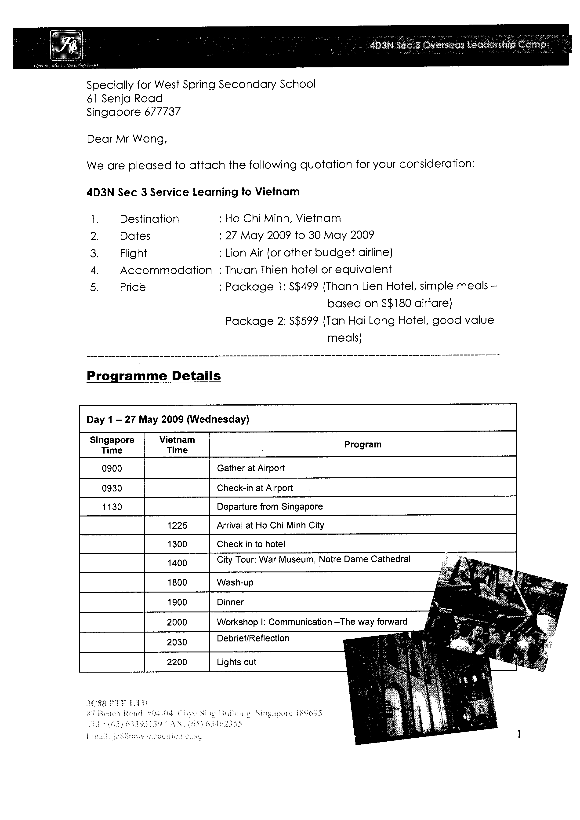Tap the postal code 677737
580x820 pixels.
(x=163, y=112)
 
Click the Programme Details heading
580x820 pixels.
(x=154, y=376)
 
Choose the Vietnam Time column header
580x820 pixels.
(x=177, y=445)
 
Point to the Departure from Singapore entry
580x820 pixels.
(x=270, y=507)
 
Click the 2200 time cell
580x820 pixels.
(x=177, y=662)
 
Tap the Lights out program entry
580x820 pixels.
(x=236, y=662)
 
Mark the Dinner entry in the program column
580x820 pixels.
(x=230, y=602)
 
